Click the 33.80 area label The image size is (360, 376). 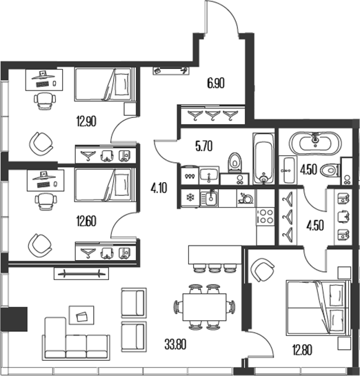click(x=175, y=344)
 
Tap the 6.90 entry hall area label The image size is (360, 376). click(x=216, y=83)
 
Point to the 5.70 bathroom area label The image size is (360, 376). click(x=203, y=146)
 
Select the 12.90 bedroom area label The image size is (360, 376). click(x=86, y=121)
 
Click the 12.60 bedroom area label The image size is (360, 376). click(x=86, y=221)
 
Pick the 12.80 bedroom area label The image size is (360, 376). click(x=302, y=350)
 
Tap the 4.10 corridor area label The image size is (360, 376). click(x=159, y=188)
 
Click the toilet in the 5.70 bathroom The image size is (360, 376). click(x=234, y=163)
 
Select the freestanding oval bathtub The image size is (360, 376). click(x=315, y=144)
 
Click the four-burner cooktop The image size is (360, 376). click(x=265, y=217)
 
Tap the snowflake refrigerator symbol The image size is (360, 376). click(x=190, y=198)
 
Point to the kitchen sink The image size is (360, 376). click(x=209, y=198)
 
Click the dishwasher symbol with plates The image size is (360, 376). click(x=246, y=198)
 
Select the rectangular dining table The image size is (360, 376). click(x=204, y=307)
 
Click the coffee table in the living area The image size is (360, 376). click(x=81, y=315)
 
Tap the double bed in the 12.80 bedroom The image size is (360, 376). click(x=317, y=308)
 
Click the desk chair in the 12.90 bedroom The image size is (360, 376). click(x=45, y=101)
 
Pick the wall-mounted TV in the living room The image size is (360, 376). click(x=81, y=273)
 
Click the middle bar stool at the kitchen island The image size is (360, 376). click(x=214, y=268)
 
